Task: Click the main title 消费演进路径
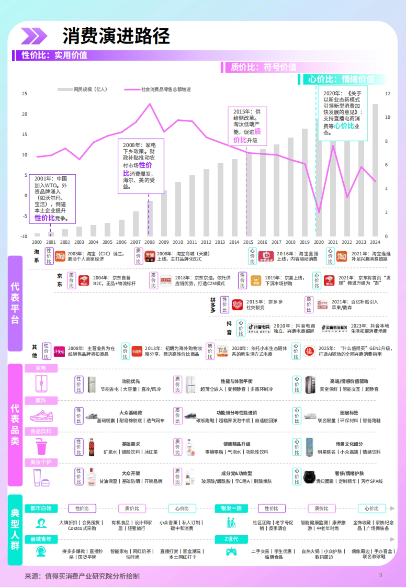click(116, 36)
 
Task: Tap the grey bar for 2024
click(375, 169)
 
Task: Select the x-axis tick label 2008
click(149, 242)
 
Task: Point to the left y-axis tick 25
click(24, 94)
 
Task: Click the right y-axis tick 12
click(387, 94)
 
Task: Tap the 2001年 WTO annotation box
click(52, 199)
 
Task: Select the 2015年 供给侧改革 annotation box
click(247, 126)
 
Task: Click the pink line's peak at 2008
click(150, 104)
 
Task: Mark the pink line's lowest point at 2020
click(319, 212)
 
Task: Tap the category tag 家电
click(41, 368)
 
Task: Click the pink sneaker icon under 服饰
click(41, 416)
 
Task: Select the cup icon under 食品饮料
click(41, 447)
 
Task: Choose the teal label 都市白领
click(41, 508)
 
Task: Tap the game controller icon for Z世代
click(231, 552)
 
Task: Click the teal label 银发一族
click(231, 508)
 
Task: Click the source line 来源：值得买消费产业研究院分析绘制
click(82, 576)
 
